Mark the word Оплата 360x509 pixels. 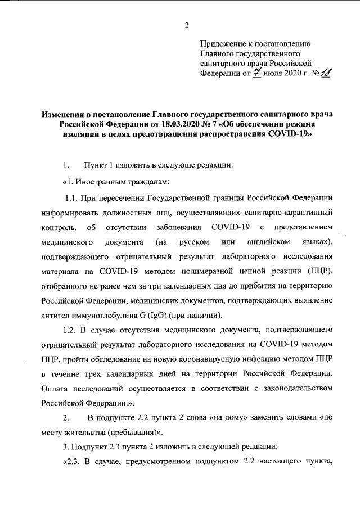click(56, 389)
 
